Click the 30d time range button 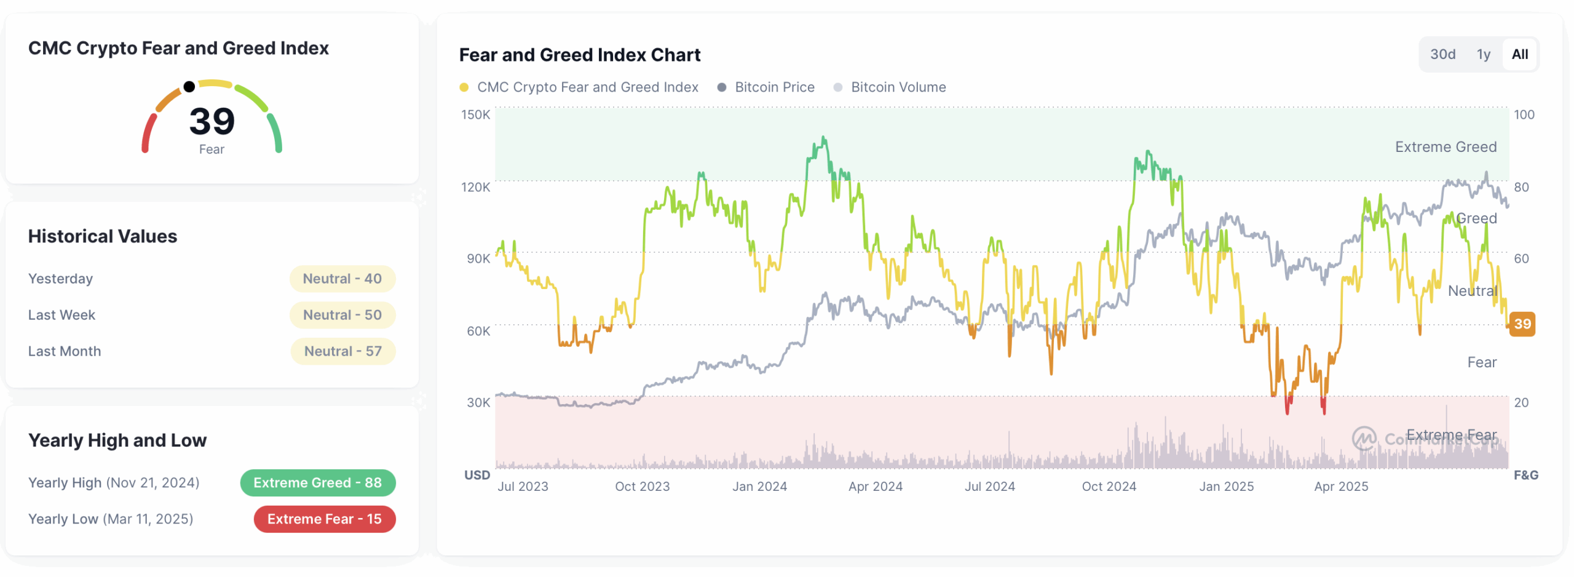pos(1442,54)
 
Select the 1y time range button pos(1483,54)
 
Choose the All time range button pos(1519,54)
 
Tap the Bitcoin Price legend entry pos(773,87)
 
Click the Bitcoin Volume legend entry pos(898,87)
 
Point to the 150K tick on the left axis pos(475,114)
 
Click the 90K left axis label pos(478,258)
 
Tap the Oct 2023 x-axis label pos(642,487)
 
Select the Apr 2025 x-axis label pos(1341,487)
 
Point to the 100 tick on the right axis pos(1524,114)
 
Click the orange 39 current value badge pos(1522,324)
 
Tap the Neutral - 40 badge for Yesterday pos(342,279)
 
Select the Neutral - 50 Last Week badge pos(342,315)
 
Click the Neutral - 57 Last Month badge pos(342,351)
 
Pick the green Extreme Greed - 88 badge pos(317,483)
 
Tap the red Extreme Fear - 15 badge pos(324,519)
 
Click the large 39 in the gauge pos(212,121)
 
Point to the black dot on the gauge pos(189,87)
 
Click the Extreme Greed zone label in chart pos(1445,147)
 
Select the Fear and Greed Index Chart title pos(579,55)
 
